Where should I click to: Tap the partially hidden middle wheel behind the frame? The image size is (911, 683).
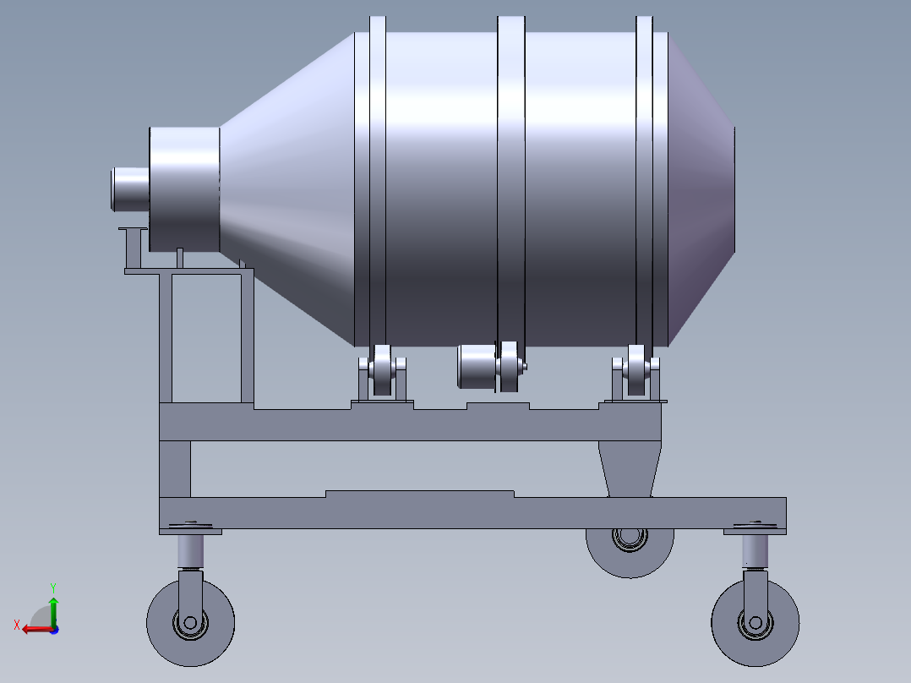630,558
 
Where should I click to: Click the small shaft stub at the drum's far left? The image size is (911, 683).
129,189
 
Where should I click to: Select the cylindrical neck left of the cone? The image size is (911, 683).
184,189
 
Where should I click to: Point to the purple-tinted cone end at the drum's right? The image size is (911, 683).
701,190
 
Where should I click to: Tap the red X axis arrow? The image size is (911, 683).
34,628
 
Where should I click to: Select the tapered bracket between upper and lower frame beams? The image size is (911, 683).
630,469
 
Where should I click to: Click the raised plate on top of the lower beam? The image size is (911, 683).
420,494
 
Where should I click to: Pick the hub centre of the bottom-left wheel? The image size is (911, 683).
190,623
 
